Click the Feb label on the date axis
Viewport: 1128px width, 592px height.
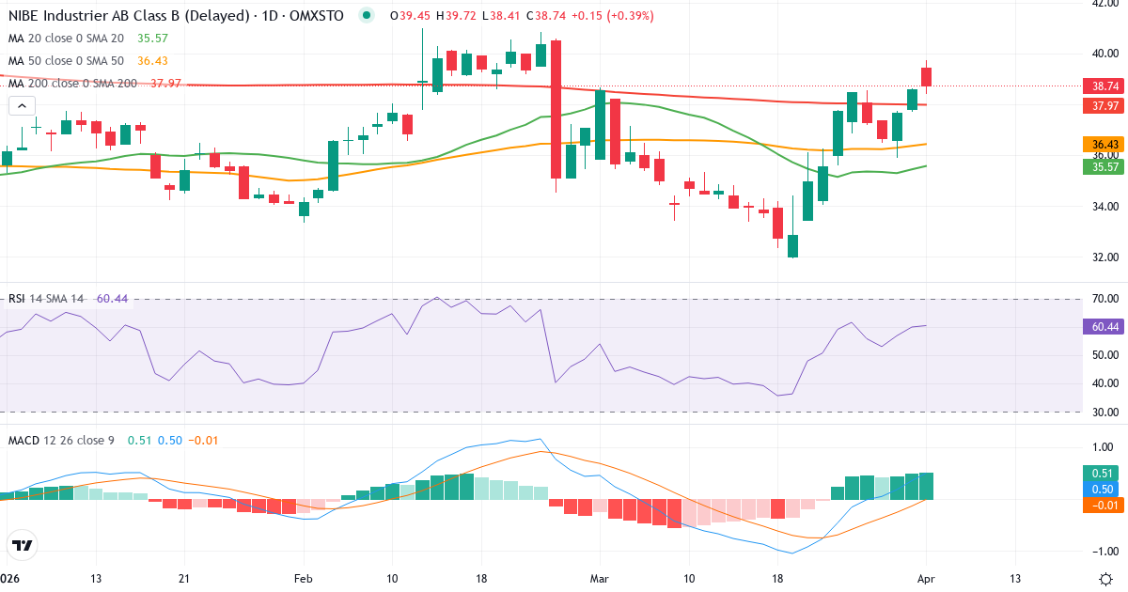pyautogui.click(x=303, y=578)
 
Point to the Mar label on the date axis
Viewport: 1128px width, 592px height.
pyautogui.click(x=599, y=578)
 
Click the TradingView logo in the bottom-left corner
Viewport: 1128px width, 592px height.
pyautogui.click(x=23, y=544)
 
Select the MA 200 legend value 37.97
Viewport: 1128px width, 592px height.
pyautogui.click(x=165, y=83)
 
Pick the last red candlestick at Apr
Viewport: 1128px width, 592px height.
pyautogui.click(x=927, y=76)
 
